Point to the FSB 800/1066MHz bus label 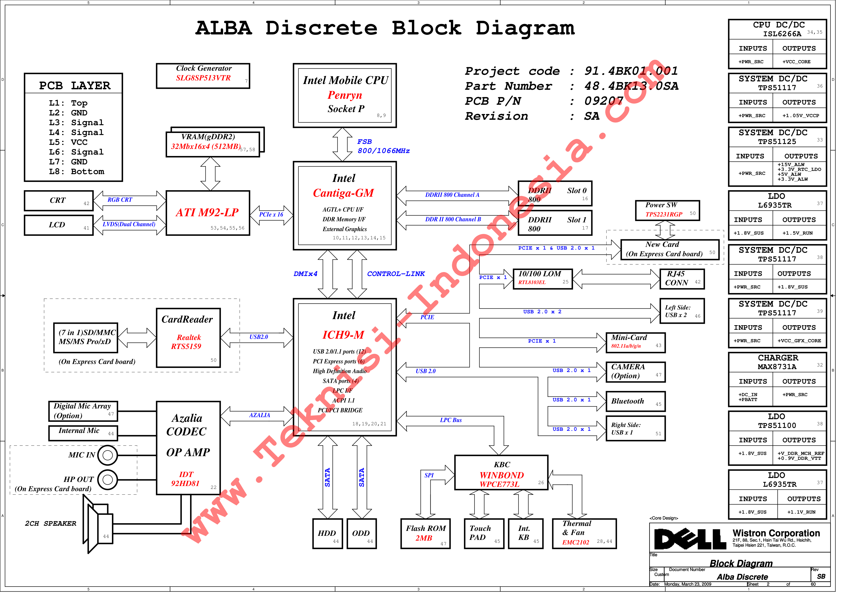coord(383,146)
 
